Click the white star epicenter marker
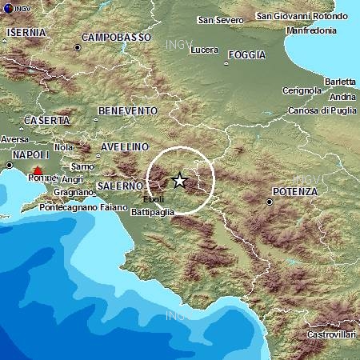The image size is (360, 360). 180,181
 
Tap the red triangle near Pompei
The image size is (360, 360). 37,170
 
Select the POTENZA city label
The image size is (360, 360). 294,192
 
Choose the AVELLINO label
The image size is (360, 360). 126,147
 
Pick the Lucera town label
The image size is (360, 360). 206,50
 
